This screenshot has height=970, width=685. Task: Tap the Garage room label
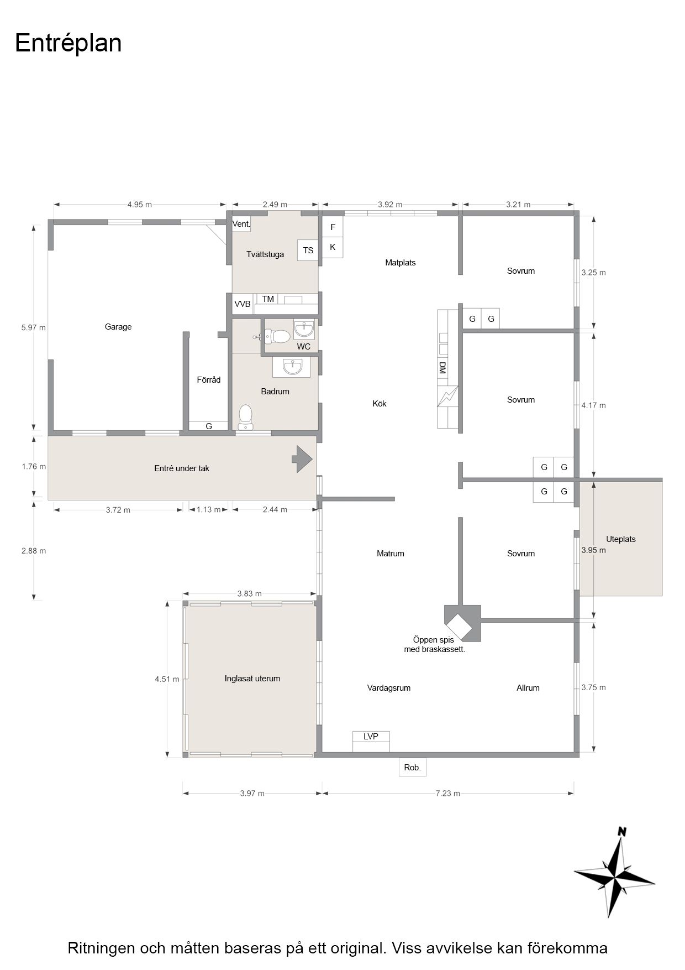click(x=118, y=327)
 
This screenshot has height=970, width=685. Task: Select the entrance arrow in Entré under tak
click(x=302, y=459)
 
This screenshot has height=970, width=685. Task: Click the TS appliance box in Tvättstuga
click(x=308, y=250)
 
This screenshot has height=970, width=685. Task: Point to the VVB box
click(x=243, y=304)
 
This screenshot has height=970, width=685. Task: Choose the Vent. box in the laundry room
click(x=241, y=224)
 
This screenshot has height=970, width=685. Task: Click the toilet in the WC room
click(x=277, y=336)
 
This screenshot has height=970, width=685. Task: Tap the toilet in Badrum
click(x=245, y=417)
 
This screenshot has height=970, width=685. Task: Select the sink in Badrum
click(x=291, y=367)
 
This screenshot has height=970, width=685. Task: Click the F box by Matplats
click(x=333, y=227)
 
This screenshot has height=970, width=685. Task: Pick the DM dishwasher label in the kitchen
click(x=442, y=368)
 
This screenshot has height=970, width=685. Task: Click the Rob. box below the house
click(x=413, y=767)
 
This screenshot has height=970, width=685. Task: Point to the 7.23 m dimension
click(x=448, y=793)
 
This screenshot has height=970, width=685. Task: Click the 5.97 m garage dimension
click(x=34, y=327)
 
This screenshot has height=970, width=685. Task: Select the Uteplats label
click(x=621, y=539)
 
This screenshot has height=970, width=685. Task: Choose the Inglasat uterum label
click(x=252, y=679)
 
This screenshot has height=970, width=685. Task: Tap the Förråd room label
click(x=209, y=379)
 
